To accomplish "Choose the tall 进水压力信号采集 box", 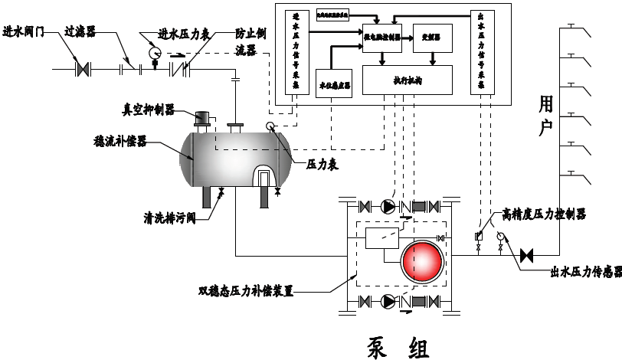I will (296, 52).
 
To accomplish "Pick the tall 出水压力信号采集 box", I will (481, 52).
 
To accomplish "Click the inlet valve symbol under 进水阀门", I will (82, 69).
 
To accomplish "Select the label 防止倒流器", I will (252, 42).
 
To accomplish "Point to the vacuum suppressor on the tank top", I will (203, 119).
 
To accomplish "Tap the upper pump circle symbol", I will (389, 206).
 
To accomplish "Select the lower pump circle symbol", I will (389, 301).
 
